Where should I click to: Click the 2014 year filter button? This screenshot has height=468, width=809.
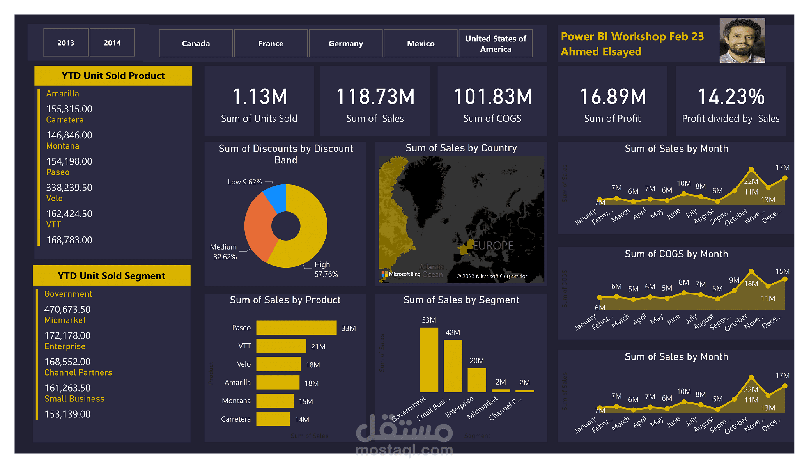[112, 43]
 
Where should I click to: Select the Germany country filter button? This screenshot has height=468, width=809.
[345, 44]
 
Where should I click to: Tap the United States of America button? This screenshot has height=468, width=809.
[495, 44]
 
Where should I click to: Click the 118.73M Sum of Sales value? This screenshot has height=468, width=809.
[375, 97]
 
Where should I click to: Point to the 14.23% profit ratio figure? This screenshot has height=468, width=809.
[731, 97]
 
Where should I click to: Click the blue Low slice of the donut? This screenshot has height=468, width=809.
[276, 197]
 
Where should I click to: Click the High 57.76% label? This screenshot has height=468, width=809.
[326, 269]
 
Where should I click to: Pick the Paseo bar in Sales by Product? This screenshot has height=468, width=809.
[296, 328]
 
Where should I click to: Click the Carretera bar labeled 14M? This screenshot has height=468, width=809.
[273, 419]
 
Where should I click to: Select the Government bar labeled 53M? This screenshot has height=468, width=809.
[428, 360]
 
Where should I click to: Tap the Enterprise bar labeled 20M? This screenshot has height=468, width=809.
[476, 380]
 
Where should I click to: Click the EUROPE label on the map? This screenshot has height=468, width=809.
[493, 246]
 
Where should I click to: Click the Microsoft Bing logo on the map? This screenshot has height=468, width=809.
[401, 274]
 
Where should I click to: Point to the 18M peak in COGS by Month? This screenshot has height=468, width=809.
[751, 271]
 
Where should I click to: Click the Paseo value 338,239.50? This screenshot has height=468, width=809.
[69, 188]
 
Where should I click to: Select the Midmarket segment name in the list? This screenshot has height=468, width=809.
[65, 320]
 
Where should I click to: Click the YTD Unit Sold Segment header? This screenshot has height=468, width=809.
[112, 276]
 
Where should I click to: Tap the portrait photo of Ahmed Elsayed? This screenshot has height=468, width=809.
[742, 40]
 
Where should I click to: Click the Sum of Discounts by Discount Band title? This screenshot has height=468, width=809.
[285, 154]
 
